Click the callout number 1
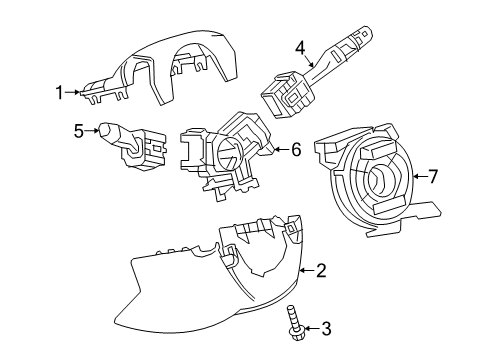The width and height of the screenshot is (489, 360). point(59,94)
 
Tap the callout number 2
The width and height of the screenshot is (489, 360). point(321,269)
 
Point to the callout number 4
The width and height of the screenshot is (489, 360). point(300,47)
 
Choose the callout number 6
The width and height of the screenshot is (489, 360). point(296,150)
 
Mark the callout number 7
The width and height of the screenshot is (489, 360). point(432,177)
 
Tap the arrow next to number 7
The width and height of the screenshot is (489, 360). point(417,177)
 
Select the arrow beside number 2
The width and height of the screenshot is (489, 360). point(305,269)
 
